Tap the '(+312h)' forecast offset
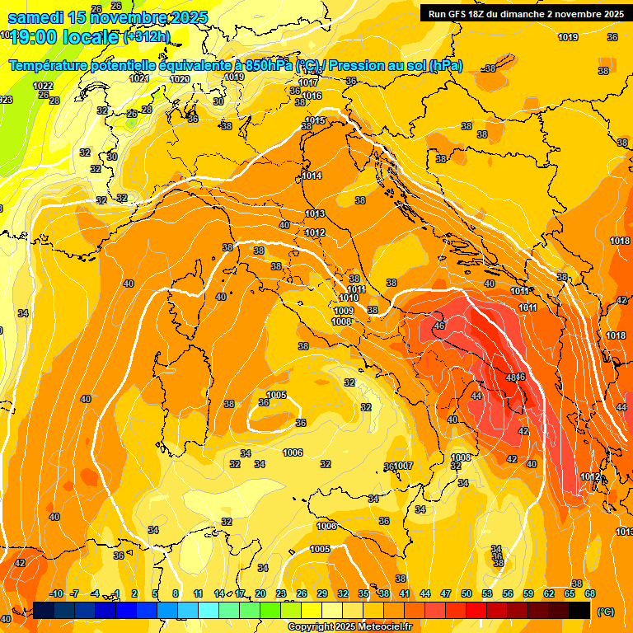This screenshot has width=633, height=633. click(x=147, y=36)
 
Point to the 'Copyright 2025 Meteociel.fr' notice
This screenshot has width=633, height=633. click(x=350, y=626)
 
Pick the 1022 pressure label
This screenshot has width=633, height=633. click(x=43, y=86)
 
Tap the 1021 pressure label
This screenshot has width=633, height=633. click(x=139, y=78)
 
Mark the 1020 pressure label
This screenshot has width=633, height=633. click(x=180, y=79)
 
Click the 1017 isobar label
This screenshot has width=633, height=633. click(x=309, y=82)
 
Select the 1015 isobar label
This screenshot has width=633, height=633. click(x=314, y=120)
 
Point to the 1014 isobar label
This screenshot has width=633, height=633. click(x=312, y=176)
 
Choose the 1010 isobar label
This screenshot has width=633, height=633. click(x=349, y=298)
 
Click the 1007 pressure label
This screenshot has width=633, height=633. click(x=403, y=467)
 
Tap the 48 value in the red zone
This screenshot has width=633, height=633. click(x=511, y=377)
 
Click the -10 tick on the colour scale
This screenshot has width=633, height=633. click(x=57, y=593)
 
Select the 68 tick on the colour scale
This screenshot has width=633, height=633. click(x=590, y=593)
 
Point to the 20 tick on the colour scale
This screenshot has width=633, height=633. click(x=260, y=593)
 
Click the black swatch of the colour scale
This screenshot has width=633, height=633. click(x=579, y=610)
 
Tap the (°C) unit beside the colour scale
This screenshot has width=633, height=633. click(x=605, y=612)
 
